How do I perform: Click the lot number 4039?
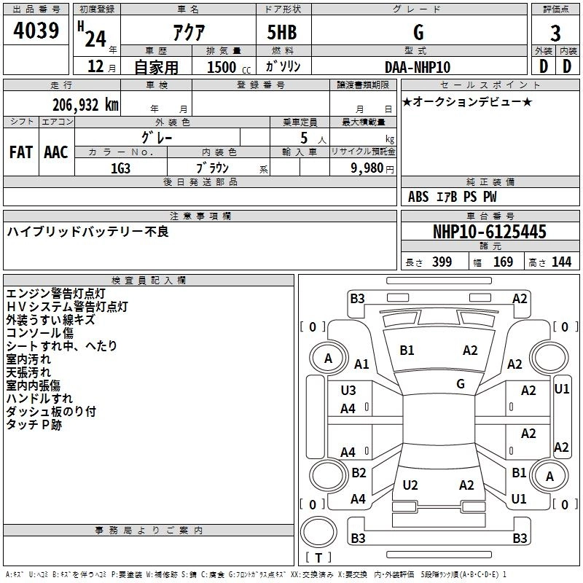click(36, 31)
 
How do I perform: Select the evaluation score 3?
click(555, 33)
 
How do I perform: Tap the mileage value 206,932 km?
click(85, 105)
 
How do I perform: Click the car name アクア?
click(187, 32)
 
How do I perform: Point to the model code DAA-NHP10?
click(418, 66)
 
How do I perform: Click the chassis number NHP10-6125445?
click(489, 232)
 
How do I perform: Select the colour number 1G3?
click(120, 168)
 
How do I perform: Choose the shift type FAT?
click(21, 152)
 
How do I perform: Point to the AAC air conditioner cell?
click(55, 152)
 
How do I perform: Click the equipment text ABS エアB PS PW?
click(453, 196)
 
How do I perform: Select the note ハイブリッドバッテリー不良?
click(87, 232)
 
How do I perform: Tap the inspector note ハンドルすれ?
click(39, 399)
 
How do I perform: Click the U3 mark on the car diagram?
click(348, 390)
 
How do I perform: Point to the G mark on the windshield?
click(461, 384)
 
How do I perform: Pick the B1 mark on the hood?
click(407, 351)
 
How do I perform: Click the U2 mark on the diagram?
click(410, 485)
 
